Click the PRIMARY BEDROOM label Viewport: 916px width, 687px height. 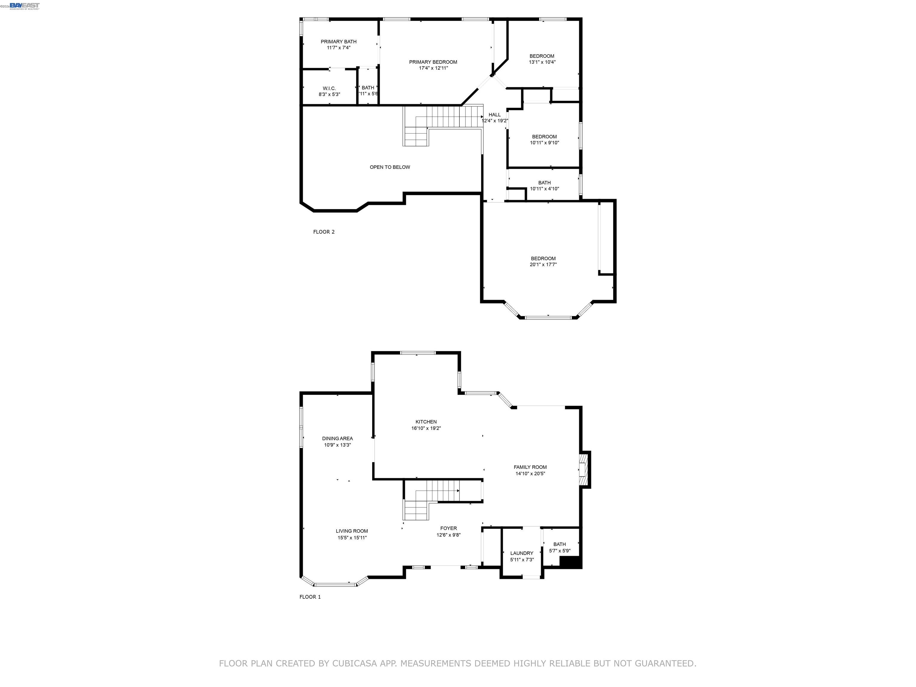433,62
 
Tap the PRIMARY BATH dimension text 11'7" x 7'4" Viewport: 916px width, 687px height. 338,48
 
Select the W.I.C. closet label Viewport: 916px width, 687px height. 329,89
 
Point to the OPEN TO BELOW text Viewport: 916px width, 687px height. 390,167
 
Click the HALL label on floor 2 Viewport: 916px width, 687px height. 494,115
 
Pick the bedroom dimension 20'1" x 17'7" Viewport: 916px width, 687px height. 543,264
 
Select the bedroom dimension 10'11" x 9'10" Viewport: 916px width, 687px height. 544,143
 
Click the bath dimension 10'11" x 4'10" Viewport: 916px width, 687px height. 544,189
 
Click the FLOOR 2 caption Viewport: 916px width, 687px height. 324,232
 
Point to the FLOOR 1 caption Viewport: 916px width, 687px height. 310,597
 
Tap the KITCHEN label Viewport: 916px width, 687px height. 426,422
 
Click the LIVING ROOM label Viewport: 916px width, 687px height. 352,531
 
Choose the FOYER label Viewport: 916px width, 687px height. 448,528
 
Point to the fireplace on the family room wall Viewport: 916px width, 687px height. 584,469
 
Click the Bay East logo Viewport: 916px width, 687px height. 24,5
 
